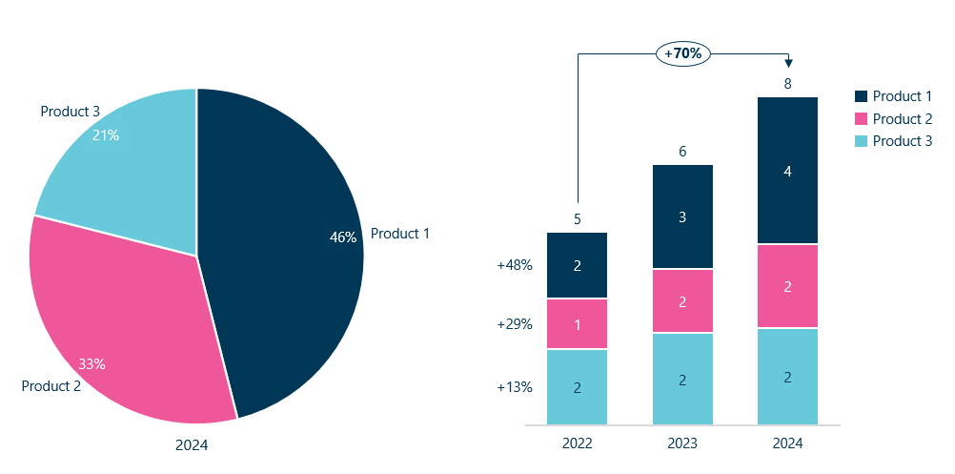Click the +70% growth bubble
(682, 53)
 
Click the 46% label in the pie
(342, 237)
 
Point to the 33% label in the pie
(91, 363)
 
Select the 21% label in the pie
(105, 135)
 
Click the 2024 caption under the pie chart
(192, 444)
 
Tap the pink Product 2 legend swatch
(862, 119)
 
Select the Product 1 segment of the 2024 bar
(787, 171)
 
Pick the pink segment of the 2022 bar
(578, 324)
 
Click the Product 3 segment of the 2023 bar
(682, 380)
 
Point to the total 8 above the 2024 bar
(787, 84)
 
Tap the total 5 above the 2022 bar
(578, 219)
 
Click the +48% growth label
(515, 266)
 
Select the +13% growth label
(515, 387)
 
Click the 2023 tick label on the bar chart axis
(682, 443)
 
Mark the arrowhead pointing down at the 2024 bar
(788, 63)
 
